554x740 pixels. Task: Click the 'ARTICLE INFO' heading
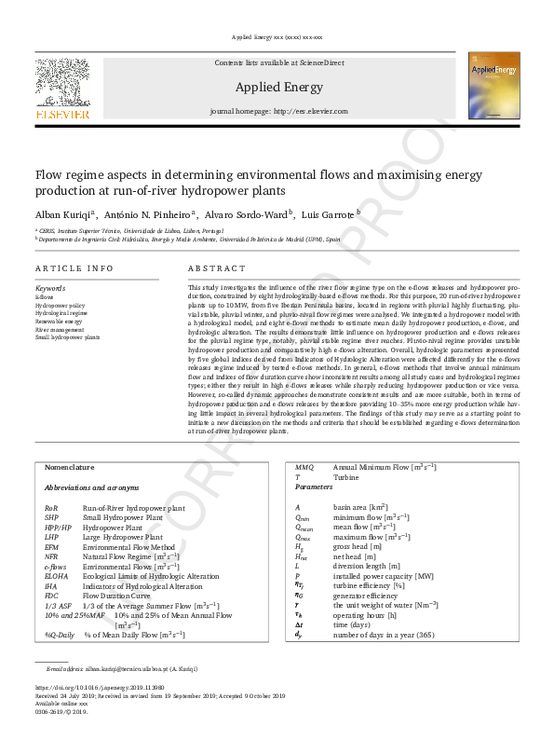pos(74,268)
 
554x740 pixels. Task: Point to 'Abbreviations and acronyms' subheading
pos(91,486)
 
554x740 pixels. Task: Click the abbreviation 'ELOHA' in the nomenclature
pos(58,576)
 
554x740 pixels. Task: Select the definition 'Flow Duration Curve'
pos(121,595)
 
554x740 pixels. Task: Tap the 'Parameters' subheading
pos(314,486)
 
